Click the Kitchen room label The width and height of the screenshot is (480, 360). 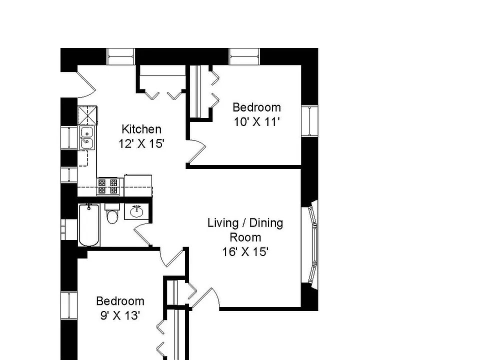pyautogui.click(x=141, y=129)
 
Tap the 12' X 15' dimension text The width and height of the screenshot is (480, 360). pyautogui.click(x=141, y=143)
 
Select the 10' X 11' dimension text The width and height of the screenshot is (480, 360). pyautogui.click(x=257, y=122)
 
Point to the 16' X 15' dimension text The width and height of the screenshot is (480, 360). pyautogui.click(x=245, y=252)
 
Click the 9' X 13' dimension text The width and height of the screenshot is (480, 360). pyautogui.click(x=120, y=315)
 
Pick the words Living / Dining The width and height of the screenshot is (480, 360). pyautogui.click(x=245, y=223)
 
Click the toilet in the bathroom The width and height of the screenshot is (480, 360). pyautogui.click(x=112, y=213)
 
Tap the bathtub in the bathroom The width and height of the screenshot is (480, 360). pyautogui.click(x=89, y=225)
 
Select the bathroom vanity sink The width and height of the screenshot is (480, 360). pyautogui.click(x=136, y=211)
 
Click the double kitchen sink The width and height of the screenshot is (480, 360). pyautogui.click(x=87, y=138)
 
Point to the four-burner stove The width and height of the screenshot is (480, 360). pyautogui.click(x=108, y=186)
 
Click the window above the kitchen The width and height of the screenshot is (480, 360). pyautogui.click(x=121, y=56)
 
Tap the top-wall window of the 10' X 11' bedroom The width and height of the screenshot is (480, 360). pyautogui.click(x=244, y=56)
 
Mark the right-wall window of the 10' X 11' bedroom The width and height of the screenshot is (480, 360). pyautogui.click(x=310, y=121)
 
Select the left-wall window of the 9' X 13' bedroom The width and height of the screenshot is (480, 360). pyautogui.click(x=69, y=305)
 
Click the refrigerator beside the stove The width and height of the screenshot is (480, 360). pyautogui.click(x=138, y=185)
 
